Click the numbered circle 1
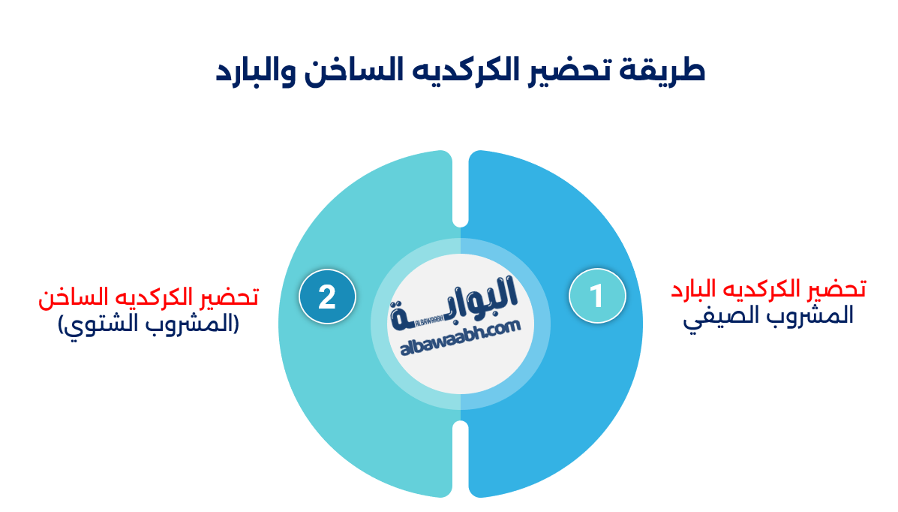pyautogui.click(x=597, y=296)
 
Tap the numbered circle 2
pyautogui.click(x=327, y=297)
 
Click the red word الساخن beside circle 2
pyautogui.click(x=62, y=297)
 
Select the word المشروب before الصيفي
pyautogui.click(x=795, y=315)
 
